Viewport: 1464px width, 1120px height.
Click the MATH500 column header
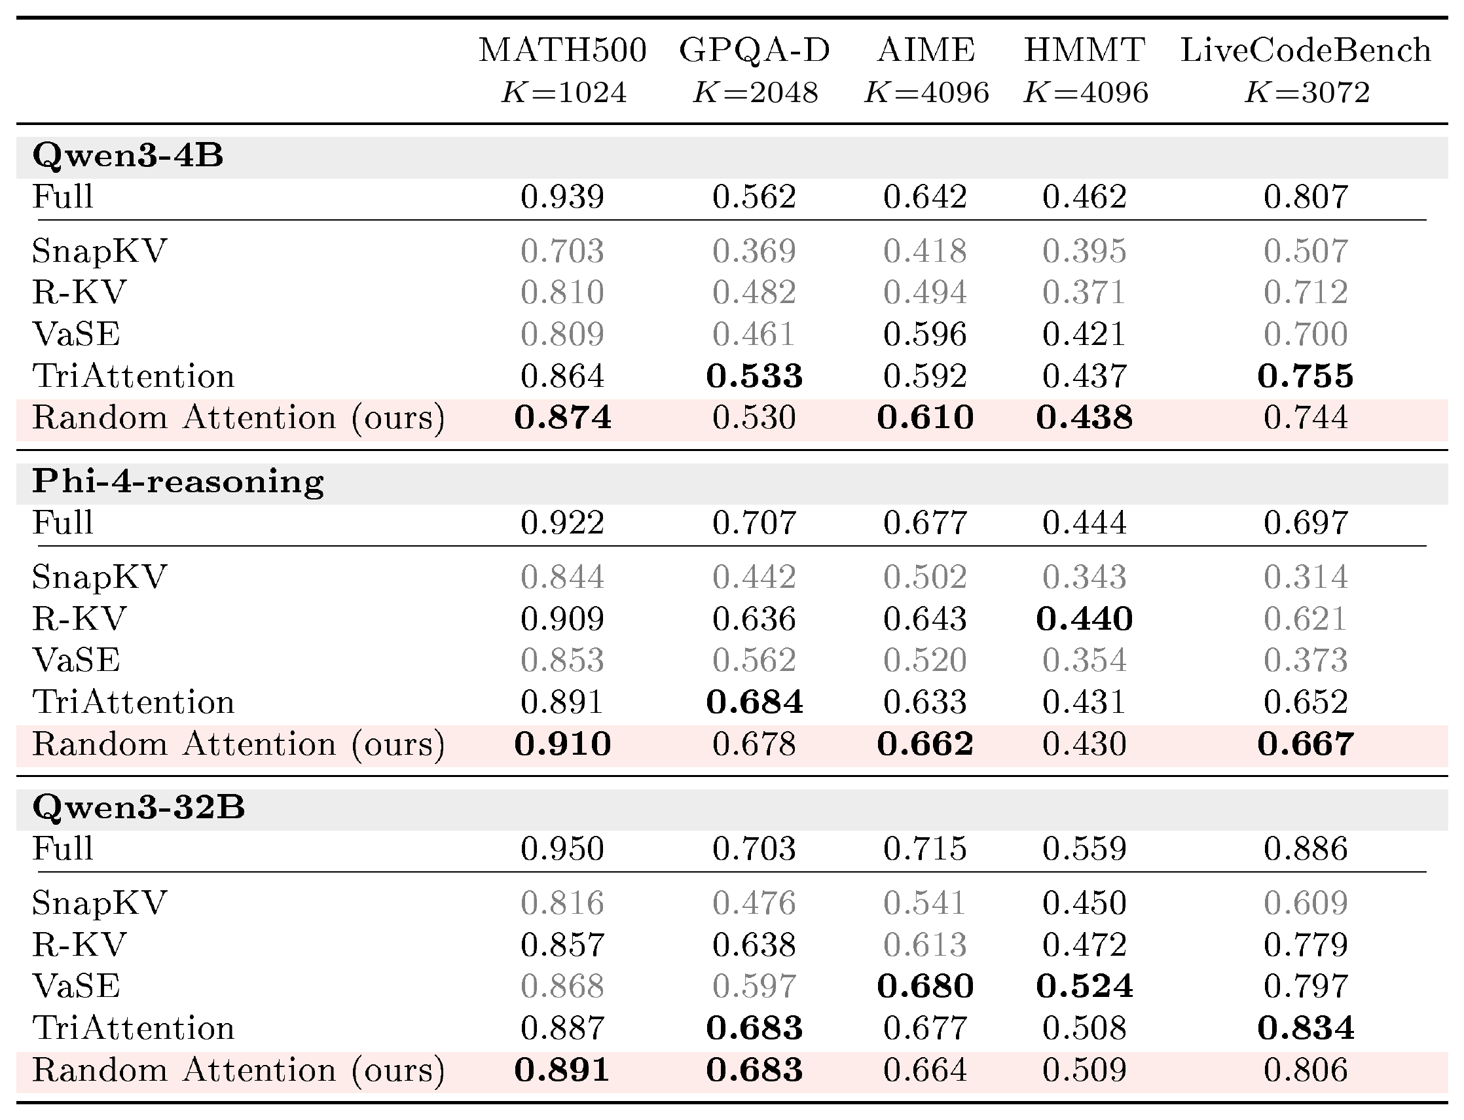pos(562,50)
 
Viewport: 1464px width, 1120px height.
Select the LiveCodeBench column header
pos(1306,50)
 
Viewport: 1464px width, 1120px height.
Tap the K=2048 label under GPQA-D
pos(755,92)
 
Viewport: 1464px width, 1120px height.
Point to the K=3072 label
pos(1306,92)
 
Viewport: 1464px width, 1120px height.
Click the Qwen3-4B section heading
pos(128,156)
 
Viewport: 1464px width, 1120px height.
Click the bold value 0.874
pos(562,418)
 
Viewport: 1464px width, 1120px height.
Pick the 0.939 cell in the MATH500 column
pos(562,196)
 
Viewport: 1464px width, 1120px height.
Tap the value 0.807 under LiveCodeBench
pos(1306,196)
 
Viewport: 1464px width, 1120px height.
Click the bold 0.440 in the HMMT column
pos(1085,619)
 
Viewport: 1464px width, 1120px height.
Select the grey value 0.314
pos(1306,577)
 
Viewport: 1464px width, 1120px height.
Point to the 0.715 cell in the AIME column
pos(925,848)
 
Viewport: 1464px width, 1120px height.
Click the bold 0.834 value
pos(1306,1028)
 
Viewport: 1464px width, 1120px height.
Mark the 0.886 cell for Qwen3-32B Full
pos(1306,848)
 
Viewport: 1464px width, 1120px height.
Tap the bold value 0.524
pos(1085,986)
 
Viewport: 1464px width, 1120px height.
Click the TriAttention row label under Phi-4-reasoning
pos(134,702)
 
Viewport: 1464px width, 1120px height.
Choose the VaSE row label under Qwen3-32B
pos(76,986)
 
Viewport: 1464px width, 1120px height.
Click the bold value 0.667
pos(1306,744)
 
